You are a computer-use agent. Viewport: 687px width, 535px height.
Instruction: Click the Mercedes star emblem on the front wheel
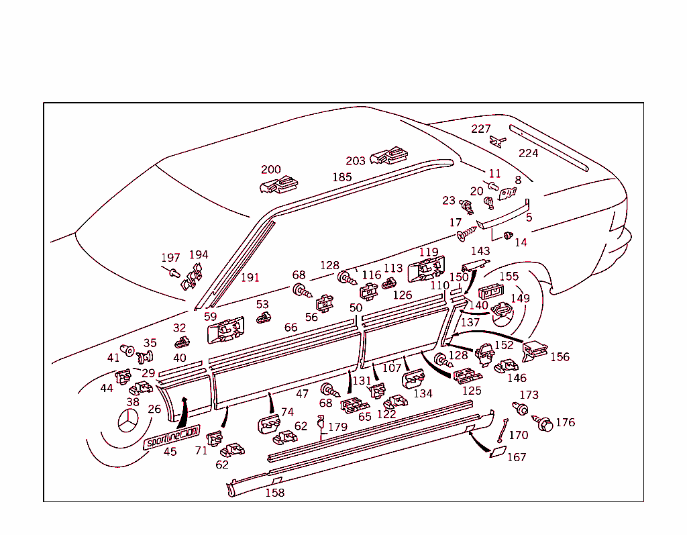pos(127,424)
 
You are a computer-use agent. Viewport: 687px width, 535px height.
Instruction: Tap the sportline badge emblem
pos(172,436)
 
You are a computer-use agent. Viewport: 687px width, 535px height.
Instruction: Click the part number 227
pos(481,129)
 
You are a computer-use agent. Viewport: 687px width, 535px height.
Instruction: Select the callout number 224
pos(529,153)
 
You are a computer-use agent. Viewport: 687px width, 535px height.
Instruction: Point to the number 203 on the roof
pos(356,160)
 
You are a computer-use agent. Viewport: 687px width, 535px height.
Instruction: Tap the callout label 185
pos(342,177)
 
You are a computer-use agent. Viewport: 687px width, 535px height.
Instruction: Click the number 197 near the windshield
pos(170,258)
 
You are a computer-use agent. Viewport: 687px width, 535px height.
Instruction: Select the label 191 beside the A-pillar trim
pos(250,277)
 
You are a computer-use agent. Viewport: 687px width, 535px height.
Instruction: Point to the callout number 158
pos(275,493)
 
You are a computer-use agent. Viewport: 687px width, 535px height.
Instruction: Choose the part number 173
pos(529,395)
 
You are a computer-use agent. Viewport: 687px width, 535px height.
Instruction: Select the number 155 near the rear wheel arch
pos(509,276)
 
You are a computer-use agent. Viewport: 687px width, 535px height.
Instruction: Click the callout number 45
pos(170,452)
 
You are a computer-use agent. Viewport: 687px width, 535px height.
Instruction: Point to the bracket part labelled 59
pos(225,330)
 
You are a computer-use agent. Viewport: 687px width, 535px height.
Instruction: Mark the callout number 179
pos(337,427)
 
